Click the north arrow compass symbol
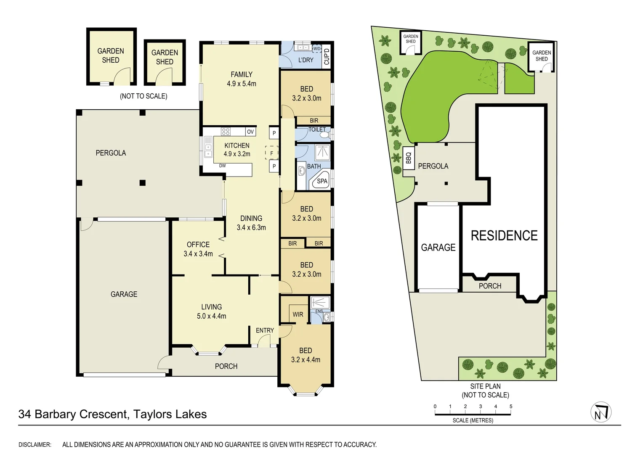tap(600, 412)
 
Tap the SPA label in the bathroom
tap(322, 181)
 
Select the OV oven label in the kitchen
tap(250, 132)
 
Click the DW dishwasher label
tap(222, 166)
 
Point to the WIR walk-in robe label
tap(298, 314)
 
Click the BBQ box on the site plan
tap(408, 158)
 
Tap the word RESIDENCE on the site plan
tap(504, 235)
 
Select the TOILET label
tap(317, 129)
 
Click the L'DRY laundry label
tap(306, 60)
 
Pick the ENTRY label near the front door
tap(265, 330)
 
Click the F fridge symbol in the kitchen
tap(271, 153)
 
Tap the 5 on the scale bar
tap(511, 406)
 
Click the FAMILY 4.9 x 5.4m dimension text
tap(242, 84)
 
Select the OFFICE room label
tap(198, 245)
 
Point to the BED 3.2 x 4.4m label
tap(306, 355)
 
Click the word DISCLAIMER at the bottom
tap(35, 444)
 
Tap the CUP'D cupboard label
tap(327, 56)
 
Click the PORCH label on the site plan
tap(490, 286)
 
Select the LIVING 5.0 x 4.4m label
tap(211, 311)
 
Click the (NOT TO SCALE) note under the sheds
tap(143, 96)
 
